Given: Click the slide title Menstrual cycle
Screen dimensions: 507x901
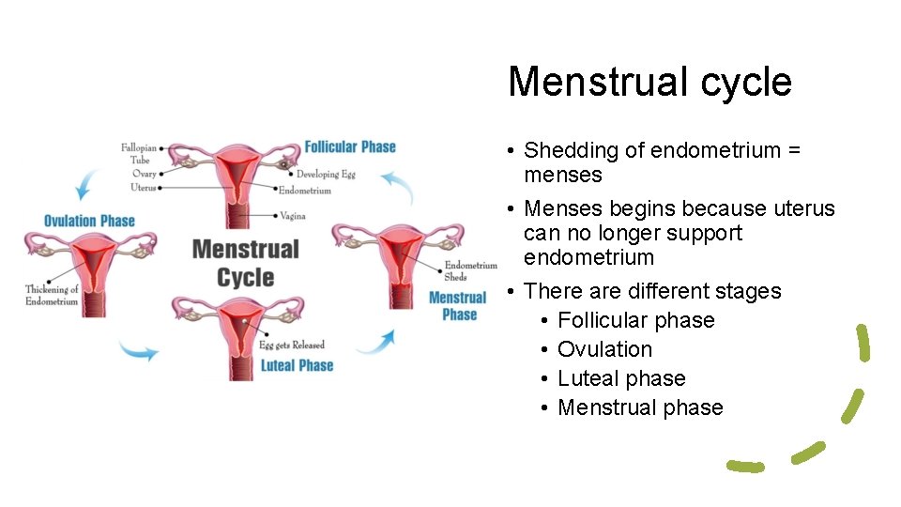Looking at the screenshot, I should click(x=649, y=82).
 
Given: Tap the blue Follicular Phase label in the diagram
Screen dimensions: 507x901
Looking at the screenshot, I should click(x=350, y=146).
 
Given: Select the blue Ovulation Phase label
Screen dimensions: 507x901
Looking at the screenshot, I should click(x=89, y=221).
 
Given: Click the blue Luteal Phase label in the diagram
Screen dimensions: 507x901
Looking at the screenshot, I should click(x=297, y=365).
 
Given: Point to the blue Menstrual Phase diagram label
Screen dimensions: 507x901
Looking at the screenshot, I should click(x=457, y=306).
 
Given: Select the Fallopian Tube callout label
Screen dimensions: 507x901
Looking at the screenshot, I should click(x=139, y=153).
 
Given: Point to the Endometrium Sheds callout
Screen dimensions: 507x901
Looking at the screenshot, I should click(x=469, y=270).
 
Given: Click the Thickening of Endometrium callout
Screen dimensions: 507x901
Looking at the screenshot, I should click(x=52, y=295).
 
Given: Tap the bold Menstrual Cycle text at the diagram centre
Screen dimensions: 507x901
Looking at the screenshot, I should click(x=245, y=263).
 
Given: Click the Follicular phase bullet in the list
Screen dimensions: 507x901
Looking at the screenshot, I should click(x=635, y=320).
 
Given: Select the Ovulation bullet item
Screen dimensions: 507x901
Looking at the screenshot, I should click(x=604, y=349).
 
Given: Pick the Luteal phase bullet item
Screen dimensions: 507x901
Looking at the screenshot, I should click(x=621, y=378).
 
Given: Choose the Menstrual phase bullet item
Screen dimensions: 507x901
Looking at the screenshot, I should click(x=640, y=407).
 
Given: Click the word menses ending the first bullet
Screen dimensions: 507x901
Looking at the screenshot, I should click(x=562, y=175).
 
